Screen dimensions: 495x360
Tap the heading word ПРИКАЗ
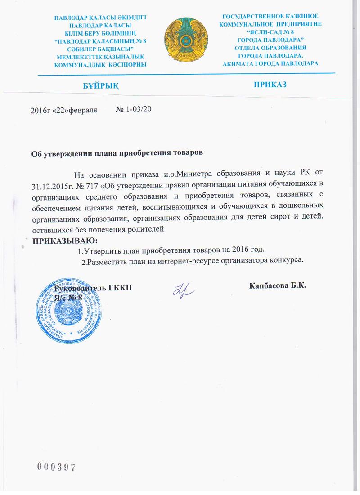click(270, 85)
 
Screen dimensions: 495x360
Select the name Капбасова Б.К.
click(277, 285)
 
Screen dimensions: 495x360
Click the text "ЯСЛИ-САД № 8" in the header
click(270, 32)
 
